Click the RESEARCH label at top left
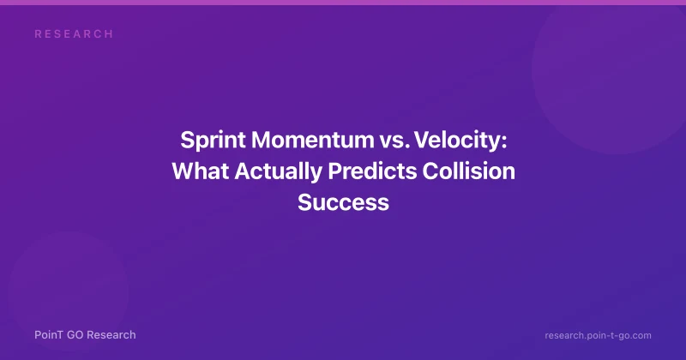click(74, 34)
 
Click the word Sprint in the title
click(213, 141)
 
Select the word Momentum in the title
click(313, 140)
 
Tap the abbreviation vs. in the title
click(394, 141)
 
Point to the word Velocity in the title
click(458, 141)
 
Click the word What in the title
click(201, 171)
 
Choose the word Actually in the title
click(278, 171)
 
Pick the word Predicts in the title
click(372, 171)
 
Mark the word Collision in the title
click(468, 171)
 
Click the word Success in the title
click(344, 202)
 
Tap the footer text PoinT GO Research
click(85, 335)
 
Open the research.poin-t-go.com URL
click(598, 335)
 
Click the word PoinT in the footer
click(49, 335)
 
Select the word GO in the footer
click(75, 335)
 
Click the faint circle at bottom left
click(69, 291)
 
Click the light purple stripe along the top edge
click(343, 3)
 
